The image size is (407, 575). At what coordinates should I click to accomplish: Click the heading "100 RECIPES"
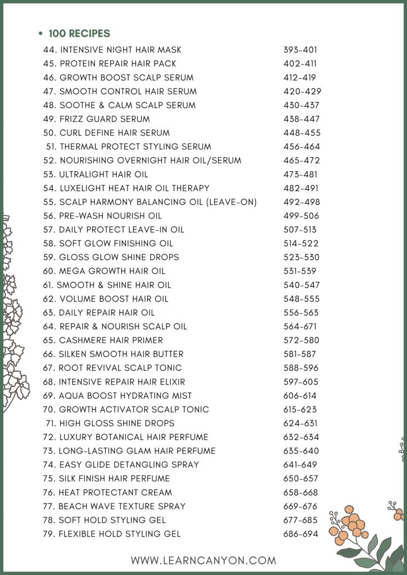tap(79, 34)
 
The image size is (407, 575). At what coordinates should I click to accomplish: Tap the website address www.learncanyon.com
tap(203, 560)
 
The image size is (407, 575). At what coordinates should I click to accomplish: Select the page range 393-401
tap(300, 50)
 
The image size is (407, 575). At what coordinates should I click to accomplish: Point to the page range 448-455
tap(300, 133)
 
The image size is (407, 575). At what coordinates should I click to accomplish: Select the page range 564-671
tap(300, 326)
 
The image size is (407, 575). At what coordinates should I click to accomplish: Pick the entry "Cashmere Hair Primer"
tap(111, 340)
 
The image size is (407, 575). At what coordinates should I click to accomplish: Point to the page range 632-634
tap(301, 437)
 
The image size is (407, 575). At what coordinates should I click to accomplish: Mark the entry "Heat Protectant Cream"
tap(115, 492)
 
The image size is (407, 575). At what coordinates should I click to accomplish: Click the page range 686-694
tap(301, 534)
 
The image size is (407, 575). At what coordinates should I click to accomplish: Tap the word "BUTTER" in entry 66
tap(168, 354)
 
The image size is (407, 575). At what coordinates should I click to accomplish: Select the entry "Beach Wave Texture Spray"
tap(122, 506)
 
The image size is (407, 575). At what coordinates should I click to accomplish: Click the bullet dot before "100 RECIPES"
tap(40, 34)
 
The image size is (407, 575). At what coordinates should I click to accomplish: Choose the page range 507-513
tap(300, 229)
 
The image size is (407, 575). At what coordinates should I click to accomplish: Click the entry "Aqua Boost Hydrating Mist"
tap(125, 395)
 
